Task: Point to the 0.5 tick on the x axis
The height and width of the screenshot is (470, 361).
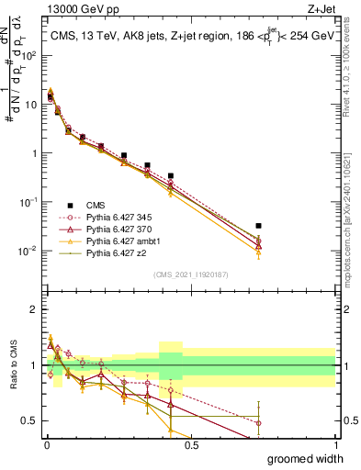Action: pos(190,445)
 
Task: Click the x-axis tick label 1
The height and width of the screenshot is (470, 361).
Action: pos(334,445)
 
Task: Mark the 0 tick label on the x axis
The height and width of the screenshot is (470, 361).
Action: pos(46,445)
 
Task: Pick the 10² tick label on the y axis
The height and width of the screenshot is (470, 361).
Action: pos(29,55)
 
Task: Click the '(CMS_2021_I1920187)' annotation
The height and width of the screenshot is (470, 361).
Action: pos(190,274)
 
